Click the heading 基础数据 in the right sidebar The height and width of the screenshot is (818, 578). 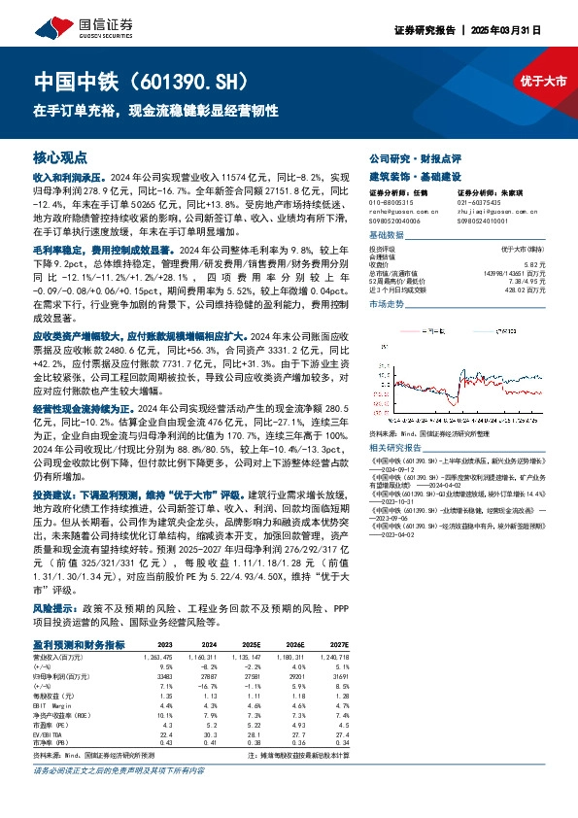pyautogui.click(x=386, y=236)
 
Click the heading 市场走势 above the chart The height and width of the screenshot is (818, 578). pyautogui.click(x=386, y=304)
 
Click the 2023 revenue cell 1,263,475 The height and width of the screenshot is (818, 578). pyautogui.click(x=158, y=656)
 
